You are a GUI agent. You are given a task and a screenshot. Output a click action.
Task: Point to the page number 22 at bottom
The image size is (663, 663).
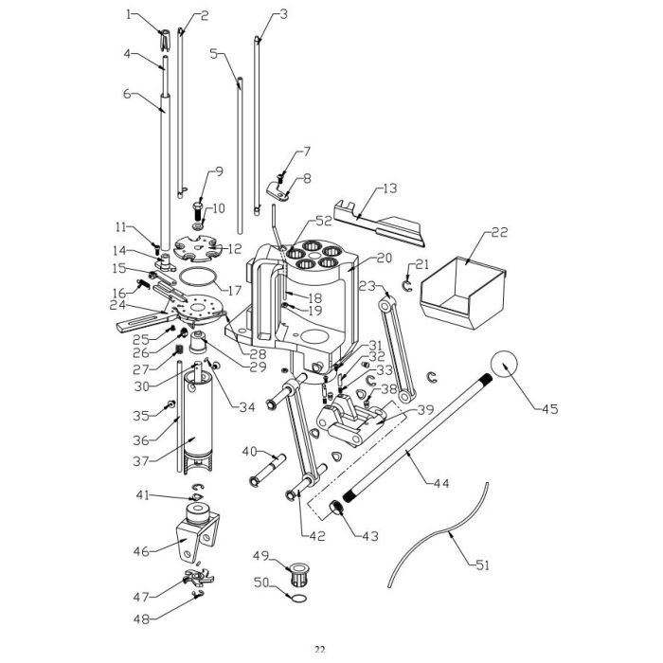coord(320,649)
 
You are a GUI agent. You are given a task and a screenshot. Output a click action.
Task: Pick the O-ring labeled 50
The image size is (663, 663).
coord(297,600)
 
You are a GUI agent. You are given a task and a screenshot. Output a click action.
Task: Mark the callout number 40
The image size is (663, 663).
coord(249,451)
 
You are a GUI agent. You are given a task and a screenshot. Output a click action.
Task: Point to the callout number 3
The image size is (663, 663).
coord(281,14)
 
